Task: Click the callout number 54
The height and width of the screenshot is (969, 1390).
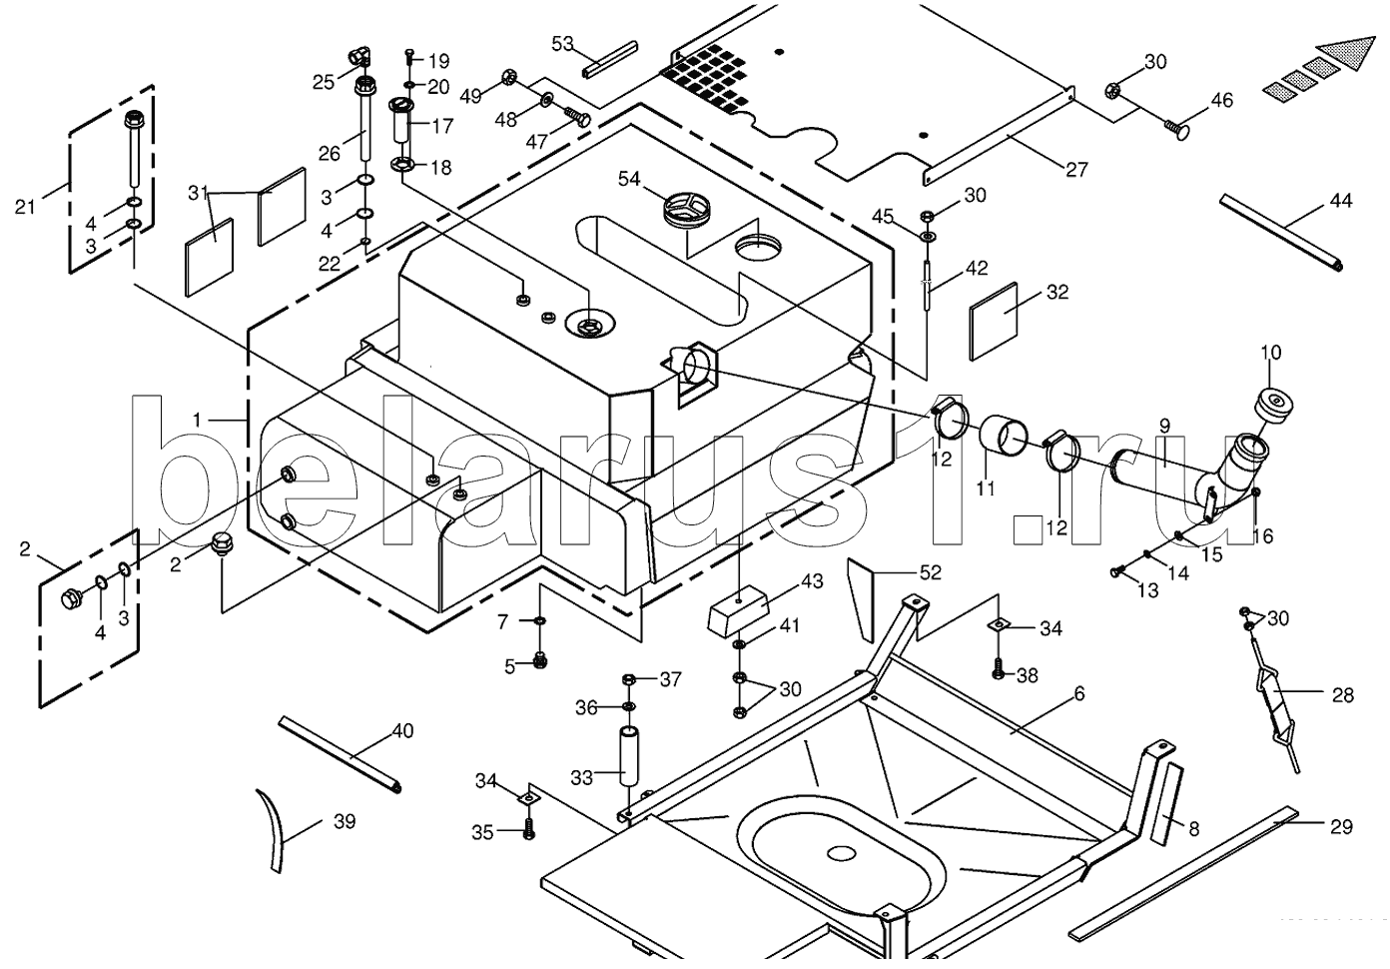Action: point(629,179)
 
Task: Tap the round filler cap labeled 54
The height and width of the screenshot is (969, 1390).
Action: point(688,210)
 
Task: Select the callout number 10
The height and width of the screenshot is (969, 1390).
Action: point(1270,353)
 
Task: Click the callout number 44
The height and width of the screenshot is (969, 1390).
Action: point(1340,201)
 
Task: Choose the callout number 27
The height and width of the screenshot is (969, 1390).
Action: point(1076,170)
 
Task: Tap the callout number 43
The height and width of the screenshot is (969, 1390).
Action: point(812,580)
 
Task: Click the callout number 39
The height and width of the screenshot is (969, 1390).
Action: point(345,821)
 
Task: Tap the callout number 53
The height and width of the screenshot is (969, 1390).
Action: point(562,44)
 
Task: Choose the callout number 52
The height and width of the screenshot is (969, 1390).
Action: point(930,572)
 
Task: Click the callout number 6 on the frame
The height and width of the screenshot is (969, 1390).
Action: point(1079,693)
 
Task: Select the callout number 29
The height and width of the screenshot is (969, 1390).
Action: point(1341,826)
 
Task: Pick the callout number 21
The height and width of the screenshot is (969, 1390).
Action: point(25,207)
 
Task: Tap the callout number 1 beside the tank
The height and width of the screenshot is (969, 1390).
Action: point(197,420)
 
